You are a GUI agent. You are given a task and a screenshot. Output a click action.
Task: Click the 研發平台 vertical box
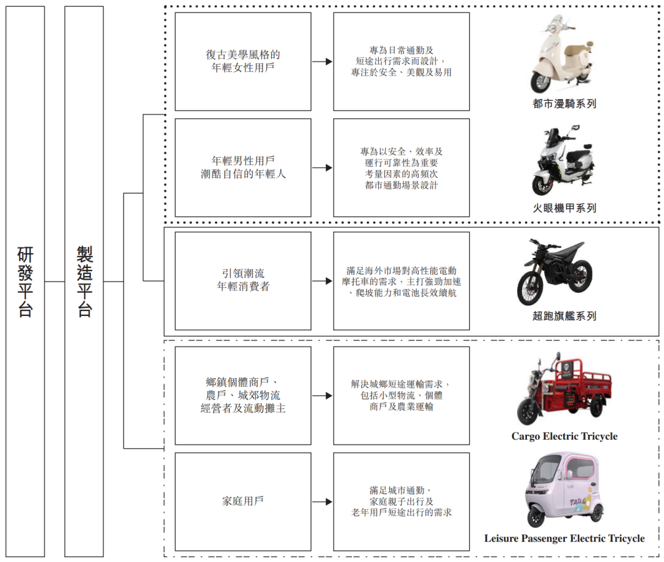[x=25, y=281]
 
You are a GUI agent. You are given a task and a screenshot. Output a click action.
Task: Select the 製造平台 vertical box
[x=84, y=281]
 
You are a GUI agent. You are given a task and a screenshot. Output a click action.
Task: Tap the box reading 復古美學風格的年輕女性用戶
[x=243, y=61]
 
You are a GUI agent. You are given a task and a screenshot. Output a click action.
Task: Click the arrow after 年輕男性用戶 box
[x=322, y=168]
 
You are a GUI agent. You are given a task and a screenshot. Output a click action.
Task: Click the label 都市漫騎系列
[x=564, y=104]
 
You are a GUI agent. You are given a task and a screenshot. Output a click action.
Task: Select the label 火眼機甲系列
[x=564, y=208]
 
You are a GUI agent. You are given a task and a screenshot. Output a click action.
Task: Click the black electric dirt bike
[x=555, y=272]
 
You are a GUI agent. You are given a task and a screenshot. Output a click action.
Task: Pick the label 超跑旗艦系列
[x=564, y=316]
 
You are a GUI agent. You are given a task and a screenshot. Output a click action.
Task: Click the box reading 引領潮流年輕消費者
[x=243, y=280]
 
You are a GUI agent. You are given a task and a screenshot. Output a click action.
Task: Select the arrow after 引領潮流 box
[x=322, y=281]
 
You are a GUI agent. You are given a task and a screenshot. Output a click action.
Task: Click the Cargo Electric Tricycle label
[x=564, y=437]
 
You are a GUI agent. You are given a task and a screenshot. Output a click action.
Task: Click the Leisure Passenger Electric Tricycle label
[x=564, y=539]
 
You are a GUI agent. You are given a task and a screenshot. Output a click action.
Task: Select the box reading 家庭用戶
[x=243, y=501]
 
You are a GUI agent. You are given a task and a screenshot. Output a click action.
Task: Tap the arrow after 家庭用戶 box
[x=322, y=502]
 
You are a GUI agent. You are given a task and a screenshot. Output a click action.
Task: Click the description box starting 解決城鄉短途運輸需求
[x=401, y=395]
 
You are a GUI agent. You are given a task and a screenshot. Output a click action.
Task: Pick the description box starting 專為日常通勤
[x=401, y=61]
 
